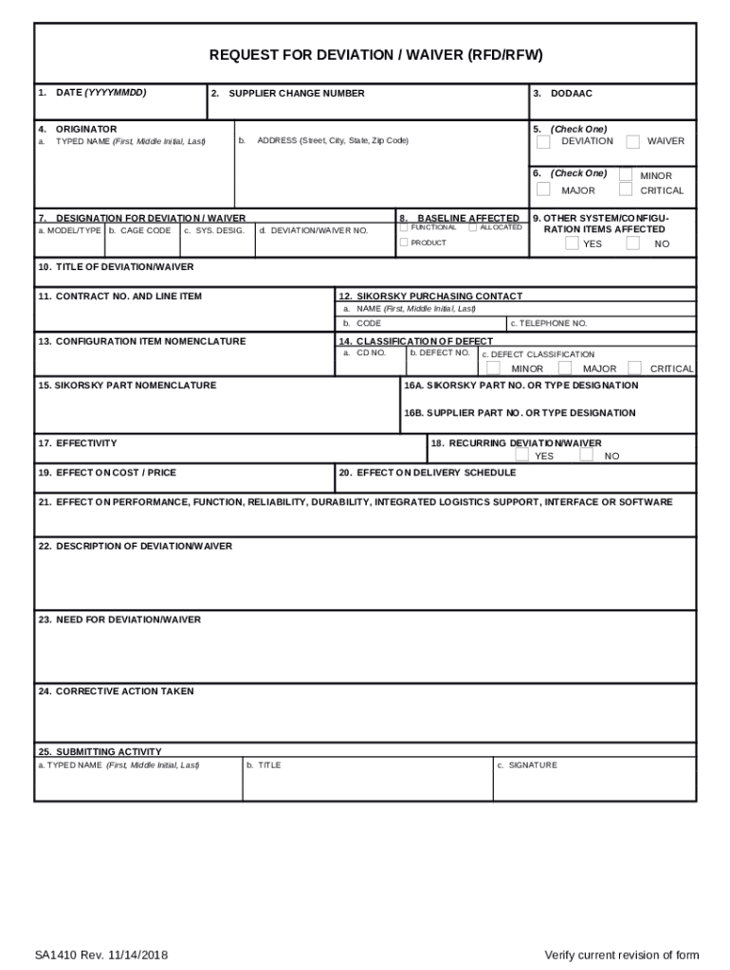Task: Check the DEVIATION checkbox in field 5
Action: click(x=543, y=142)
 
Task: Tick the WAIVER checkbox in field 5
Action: click(x=632, y=142)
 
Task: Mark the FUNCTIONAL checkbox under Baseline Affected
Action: click(x=405, y=227)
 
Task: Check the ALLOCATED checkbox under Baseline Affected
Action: click(x=473, y=227)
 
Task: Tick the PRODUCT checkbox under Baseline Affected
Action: click(x=405, y=242)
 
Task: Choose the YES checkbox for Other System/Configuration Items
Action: click(x=572, y=243)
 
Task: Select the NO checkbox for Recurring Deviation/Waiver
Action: click(x=587, y=456)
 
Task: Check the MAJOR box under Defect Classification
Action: click(x=565, y=368)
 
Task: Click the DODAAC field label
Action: click(x=571, y=94)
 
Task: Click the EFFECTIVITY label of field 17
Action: click(x=86, y=443)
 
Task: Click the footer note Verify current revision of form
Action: click(x=621, y=954)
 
